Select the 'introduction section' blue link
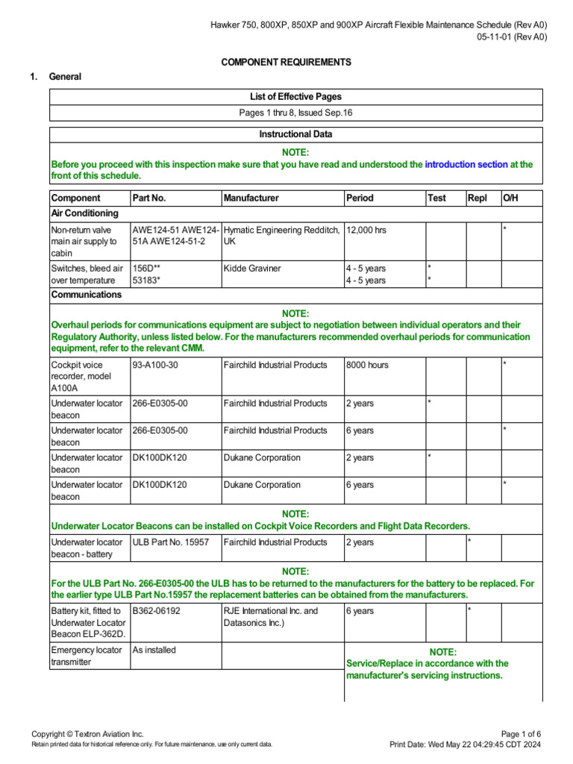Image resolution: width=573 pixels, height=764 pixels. pyautogui.click(x=466, y=164)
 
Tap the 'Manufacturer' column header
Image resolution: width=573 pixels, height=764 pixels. pyautogui.click(x=251, y=198)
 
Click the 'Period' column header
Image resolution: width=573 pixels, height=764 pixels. pyautogui.click(x=360, y=198)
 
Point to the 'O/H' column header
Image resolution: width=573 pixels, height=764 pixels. pyautogui.click(x=510, y=198)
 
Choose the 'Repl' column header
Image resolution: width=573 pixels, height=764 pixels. pyautogui.click(x=477, y=198)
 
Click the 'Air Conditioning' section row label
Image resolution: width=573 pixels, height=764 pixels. pyautogui.click(x=84, y=213)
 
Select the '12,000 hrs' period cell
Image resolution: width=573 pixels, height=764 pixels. pyautogui.click(x=366, y=230)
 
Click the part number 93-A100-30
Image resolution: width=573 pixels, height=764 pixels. pyautogui.click(x=155, y=365)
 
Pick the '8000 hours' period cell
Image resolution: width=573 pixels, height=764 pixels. pyautogui.click(x=367, y=365)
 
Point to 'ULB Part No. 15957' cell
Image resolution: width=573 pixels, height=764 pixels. pyautogui.click(x=171, y=542)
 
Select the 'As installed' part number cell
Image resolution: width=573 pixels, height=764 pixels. pyautogui.click(x=154, y=650)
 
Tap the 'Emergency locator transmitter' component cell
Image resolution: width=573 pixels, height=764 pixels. pyautogui.click(x=87, y=656)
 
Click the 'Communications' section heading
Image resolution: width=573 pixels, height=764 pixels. pyautogui.click(x=86, y=295)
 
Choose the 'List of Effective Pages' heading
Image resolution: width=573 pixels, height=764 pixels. pyautogui.click(x=295, y=97)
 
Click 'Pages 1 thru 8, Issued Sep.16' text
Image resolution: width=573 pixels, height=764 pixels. pyautogui.click(x=295, y=113)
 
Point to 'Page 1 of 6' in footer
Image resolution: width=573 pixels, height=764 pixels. pyautogui.click(x=522, y=734)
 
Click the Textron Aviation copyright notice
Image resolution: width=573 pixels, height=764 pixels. pyautogui.click(x=87, y=734)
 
